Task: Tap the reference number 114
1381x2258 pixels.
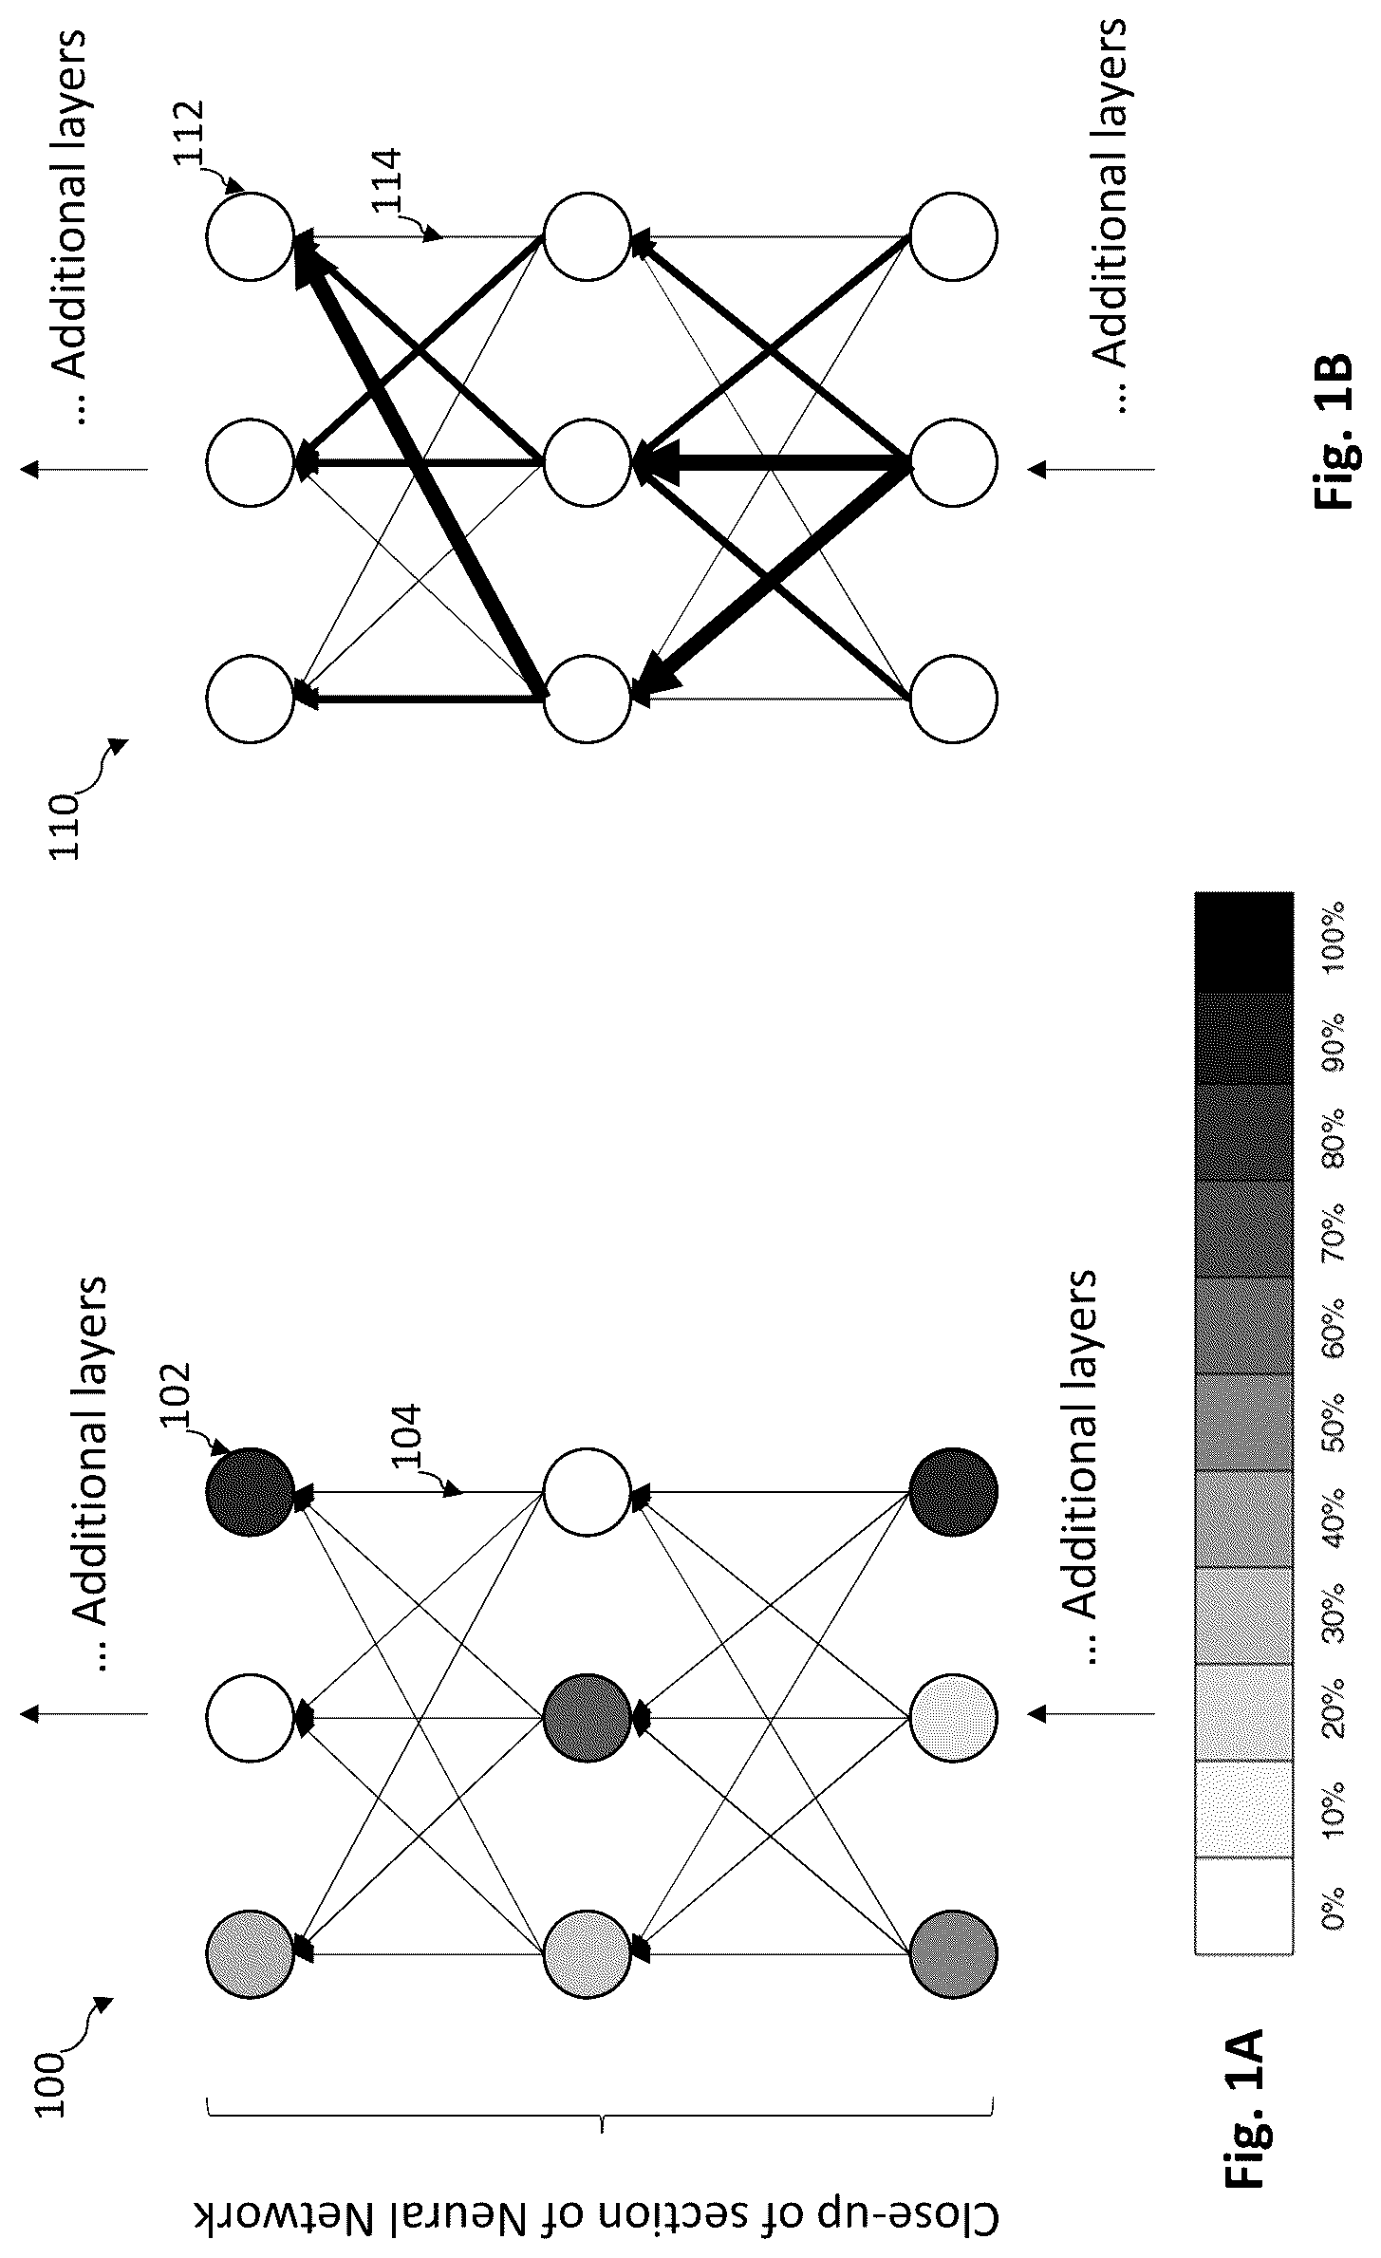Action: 386,183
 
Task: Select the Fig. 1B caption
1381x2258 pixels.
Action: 1333,432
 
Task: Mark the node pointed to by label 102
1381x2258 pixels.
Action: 251,1492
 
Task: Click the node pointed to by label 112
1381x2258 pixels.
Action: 251,236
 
